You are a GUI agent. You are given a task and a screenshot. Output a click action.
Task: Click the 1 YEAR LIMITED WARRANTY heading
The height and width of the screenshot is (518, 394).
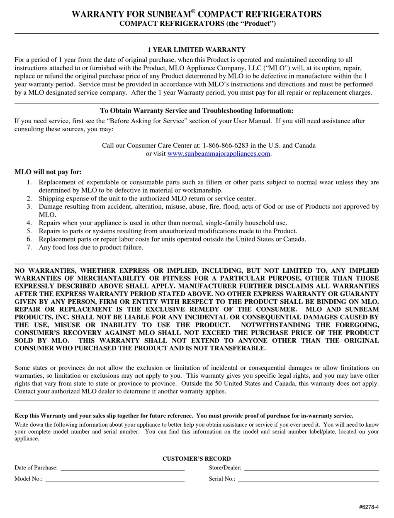(197, 50)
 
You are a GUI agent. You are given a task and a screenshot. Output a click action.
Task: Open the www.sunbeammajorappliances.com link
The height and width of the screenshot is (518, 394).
(219, 154)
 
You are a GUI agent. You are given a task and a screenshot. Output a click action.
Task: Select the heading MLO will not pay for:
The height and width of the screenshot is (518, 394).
(48, 172)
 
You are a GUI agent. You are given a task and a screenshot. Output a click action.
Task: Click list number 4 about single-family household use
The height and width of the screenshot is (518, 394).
(29, 223)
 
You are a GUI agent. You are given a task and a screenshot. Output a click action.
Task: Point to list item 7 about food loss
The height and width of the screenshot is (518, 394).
(91, 247)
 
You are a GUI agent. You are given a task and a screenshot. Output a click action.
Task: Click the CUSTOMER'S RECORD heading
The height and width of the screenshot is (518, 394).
(197, 459)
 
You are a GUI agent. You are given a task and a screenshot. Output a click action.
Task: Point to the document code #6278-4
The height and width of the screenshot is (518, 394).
(369, 507)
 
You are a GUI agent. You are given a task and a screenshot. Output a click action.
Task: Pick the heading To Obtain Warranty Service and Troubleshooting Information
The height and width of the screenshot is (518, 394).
(197, 111)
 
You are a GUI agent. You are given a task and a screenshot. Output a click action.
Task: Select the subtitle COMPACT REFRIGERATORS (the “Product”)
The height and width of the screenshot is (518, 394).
(197, 24)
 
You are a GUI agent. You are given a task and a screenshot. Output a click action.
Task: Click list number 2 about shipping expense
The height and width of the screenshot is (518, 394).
(29, 199)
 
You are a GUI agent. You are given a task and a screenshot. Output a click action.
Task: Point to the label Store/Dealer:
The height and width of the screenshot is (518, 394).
(225, 468)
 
